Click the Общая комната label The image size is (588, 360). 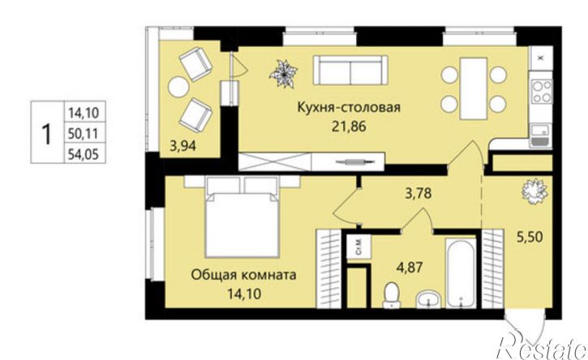tap(243, 275)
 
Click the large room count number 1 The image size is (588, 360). tap(47, 131)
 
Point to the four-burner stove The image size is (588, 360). tap(541, 90)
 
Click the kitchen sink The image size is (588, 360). tap(540, 135)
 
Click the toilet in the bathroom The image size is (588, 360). tap(391, 295)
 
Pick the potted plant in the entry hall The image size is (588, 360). tap(532, 192)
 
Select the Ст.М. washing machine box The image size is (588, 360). tap(357, 246)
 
